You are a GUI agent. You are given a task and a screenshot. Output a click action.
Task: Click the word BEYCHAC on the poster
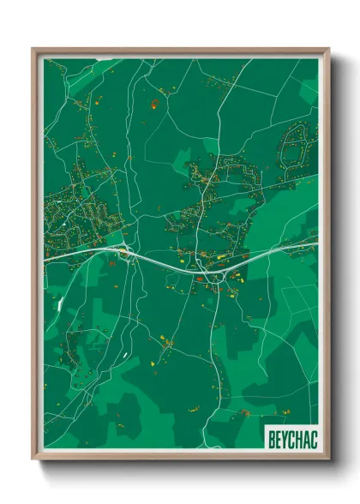point(292,435)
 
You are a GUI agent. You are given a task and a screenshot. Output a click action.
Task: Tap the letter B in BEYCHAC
point(273,435)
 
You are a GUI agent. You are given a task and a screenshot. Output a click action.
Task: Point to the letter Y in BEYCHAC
point(286,435)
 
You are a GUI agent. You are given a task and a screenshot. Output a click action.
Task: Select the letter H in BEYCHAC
point(299,435)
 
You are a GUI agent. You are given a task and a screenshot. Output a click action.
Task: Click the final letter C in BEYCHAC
point(312,435)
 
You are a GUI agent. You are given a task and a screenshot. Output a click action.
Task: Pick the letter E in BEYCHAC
point(279,435)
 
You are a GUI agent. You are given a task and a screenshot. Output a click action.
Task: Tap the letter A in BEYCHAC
point(305,435)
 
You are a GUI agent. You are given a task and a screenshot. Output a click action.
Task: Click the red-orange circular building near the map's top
point(154,105)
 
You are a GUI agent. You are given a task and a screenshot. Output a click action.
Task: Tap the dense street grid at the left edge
point(64,214)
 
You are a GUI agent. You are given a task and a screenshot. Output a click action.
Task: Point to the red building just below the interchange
point(200,278)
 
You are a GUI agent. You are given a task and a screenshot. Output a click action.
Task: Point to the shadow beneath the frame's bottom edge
point(180,468)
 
